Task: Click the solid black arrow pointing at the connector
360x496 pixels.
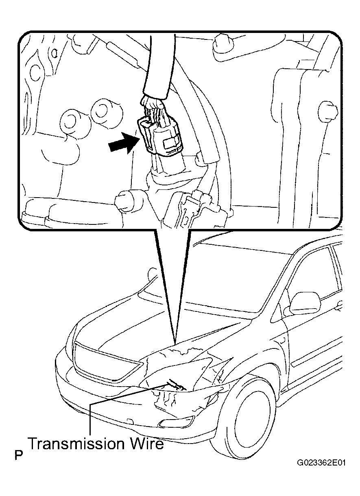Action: [124, 143]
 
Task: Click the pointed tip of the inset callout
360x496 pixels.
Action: [175, 344]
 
